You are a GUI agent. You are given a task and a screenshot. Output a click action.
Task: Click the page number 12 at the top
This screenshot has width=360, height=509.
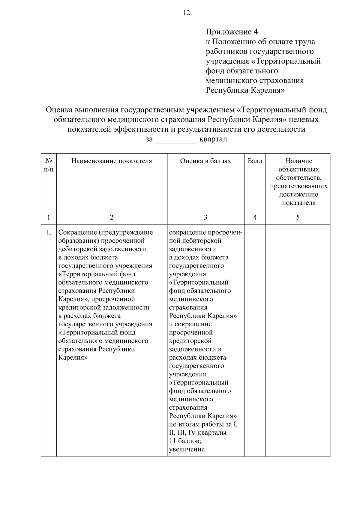point(186,13)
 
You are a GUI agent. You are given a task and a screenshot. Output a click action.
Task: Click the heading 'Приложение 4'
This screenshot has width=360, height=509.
point(232,32)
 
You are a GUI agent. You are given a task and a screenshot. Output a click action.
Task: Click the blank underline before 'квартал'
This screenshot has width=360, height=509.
point(176,139)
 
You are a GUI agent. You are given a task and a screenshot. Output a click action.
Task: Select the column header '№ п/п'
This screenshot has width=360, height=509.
point(49,165)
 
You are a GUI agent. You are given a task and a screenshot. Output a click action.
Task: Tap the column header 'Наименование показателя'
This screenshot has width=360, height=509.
point(112,161)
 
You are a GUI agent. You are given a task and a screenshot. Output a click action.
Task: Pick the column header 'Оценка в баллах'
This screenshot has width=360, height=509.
point(205,161)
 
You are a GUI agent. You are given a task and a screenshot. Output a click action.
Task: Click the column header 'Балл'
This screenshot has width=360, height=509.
point(255,161)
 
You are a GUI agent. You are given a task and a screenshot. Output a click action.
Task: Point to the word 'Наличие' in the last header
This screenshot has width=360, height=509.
point(298,161)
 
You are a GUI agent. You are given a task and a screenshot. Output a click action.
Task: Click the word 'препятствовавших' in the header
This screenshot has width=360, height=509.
point(298,186)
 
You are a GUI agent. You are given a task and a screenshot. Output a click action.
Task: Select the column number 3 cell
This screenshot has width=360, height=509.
point(205,217)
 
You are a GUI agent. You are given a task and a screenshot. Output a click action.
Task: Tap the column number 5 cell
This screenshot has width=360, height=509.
point(298,217)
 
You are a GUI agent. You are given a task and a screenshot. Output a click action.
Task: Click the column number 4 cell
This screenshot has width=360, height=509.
point(255,217)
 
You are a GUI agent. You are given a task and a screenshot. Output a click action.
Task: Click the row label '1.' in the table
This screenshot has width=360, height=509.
point(49,232)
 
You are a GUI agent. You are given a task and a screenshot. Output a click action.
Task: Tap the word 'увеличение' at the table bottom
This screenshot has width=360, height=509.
point(187,449)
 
